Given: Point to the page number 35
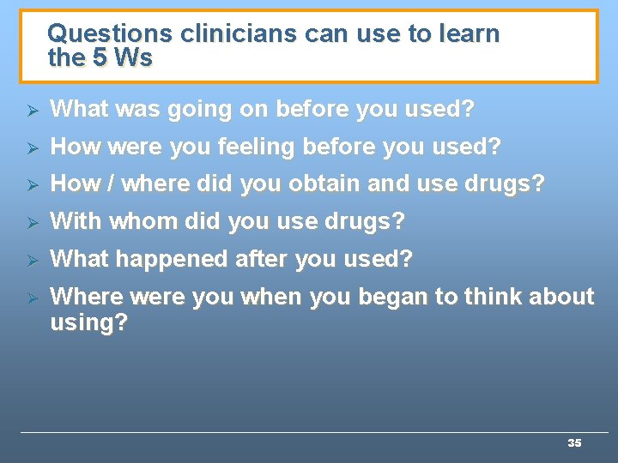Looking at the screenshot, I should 574,443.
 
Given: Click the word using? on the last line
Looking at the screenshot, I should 88,323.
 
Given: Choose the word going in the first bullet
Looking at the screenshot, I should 197,110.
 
